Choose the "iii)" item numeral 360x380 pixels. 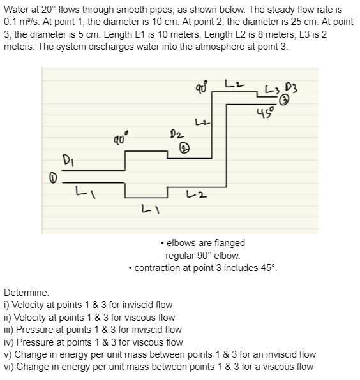pos(10,330)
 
